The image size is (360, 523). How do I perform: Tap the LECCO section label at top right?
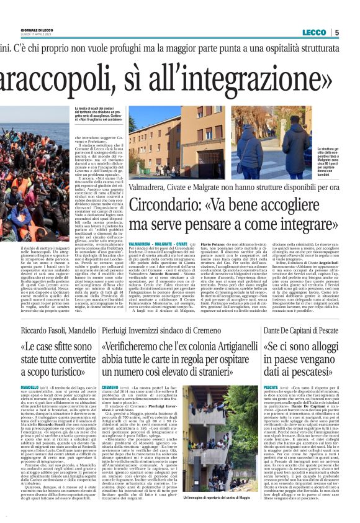314,32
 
